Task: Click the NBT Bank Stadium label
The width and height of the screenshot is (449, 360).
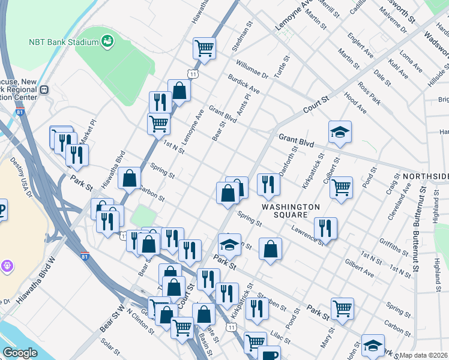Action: (x=63, y=42)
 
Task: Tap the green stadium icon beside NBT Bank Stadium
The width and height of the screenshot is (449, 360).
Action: (x=108, y=41)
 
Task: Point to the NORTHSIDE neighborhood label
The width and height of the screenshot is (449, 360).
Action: (x=425, y=176)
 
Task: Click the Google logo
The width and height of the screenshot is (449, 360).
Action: (x=20, y=353)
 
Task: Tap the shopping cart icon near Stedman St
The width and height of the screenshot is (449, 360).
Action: (x=204, y=47)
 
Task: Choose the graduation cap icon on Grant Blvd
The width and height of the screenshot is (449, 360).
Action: (x=340, y=131)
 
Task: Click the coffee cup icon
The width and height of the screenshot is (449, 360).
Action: (x=269, y=354)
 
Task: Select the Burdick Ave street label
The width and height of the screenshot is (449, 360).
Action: (x=243, y=84)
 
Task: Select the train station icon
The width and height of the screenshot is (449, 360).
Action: (x=43, y=89)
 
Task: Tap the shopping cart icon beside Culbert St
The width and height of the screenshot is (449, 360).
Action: (x=341, y=187)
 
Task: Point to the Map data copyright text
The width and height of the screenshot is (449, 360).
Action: (x=423, y=355)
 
